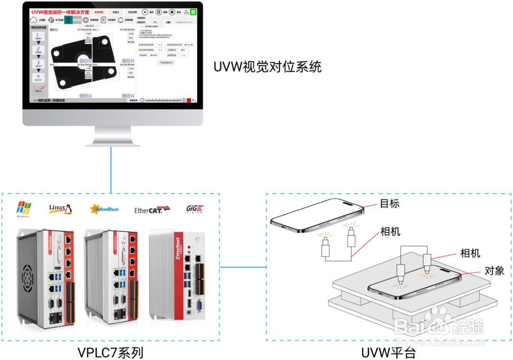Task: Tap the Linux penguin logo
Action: tap(61, 209)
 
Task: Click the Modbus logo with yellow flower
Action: tap(104, 208)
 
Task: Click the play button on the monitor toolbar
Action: tap(145, 12)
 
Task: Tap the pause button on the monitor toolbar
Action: tap(159, 12)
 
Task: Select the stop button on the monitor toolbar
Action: tap(172, 12)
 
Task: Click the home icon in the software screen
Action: tap(34, 20)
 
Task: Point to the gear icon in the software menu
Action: tap(85, 20)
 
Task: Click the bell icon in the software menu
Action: tap(121, 20)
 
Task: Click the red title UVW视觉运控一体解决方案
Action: tap(60, 12)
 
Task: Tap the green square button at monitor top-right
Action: tap(193, 12)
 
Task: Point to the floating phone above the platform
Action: tap(316, 216)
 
